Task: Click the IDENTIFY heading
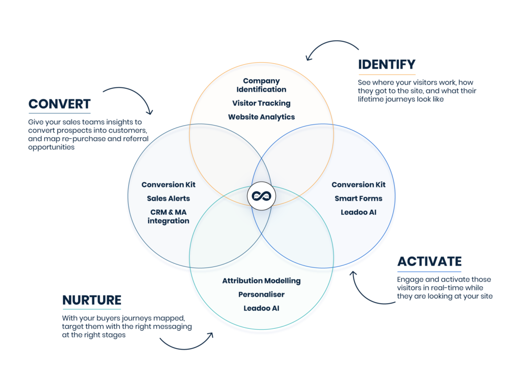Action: (387, 65)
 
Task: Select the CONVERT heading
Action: (59, 104)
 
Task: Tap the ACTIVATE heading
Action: (429, 262)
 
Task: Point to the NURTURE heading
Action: (92, 300)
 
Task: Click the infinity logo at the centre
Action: (261, 196)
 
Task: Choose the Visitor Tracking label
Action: (261, 103)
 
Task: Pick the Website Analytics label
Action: (261, 117)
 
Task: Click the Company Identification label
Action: (261, 85)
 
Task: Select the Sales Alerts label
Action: (168, 199)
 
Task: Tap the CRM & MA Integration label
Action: (168, 217)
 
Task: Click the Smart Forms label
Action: (359, 199)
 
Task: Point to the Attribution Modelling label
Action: (261, 281)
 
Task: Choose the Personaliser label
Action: (261, 295)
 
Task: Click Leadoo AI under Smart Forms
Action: (359, 212)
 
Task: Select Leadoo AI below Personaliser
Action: (261, 308)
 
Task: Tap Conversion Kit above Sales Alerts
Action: (168, 185)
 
